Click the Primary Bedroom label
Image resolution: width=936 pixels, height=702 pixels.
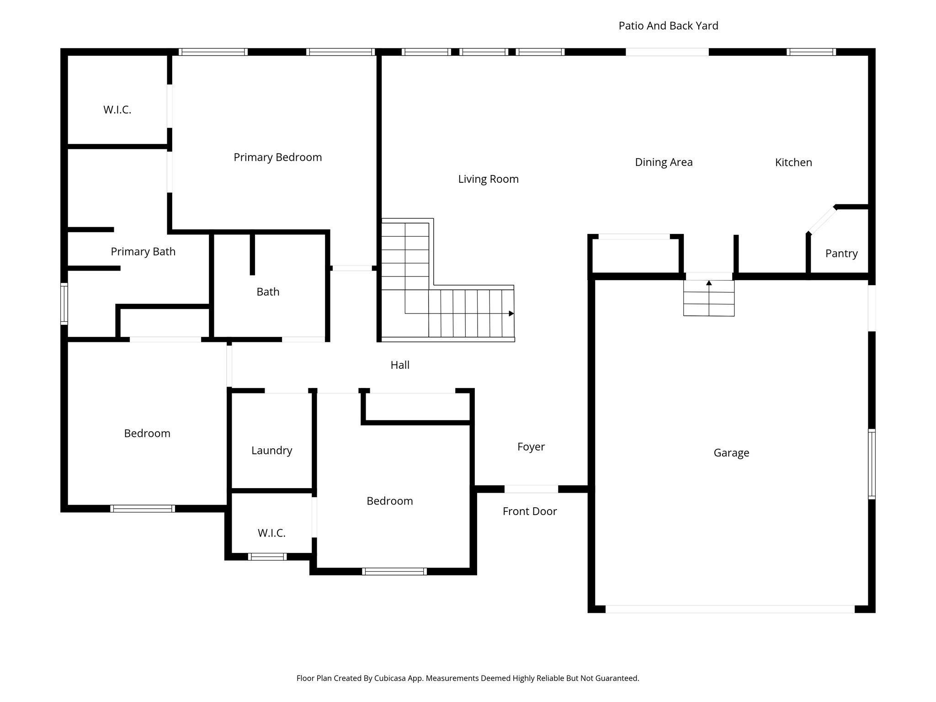(x=278, y=157)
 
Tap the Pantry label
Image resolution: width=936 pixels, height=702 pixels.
(x=841, y=253)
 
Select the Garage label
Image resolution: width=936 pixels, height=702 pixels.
(x=731, y=452)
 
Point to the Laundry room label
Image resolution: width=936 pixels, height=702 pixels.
(x=271, y=450)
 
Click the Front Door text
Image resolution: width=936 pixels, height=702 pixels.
(x=530, y=511)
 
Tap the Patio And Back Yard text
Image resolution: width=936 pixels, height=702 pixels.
(x=668, y=26)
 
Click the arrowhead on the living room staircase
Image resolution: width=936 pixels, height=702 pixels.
(x=511, y=314)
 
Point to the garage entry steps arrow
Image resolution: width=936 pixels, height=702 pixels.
(x=709, y=283)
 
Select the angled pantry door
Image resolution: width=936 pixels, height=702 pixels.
(x=822, y=220)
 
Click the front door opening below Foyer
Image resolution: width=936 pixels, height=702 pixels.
(x=531, y=489)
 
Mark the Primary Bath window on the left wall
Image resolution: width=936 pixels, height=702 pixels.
(x=64, y=304)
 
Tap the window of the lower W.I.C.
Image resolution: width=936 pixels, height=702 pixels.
(x=267, y=557)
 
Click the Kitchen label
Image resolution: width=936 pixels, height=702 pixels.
(x=793, y=162)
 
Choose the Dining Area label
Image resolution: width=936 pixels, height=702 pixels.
(x=664, y=162)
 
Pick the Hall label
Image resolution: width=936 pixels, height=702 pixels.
(x=400, y=365)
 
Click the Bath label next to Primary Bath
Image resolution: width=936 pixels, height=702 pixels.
(x=268, y=292)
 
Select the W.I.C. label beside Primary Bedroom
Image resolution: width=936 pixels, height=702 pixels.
(x=117, y=110)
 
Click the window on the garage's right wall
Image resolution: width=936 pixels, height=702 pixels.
(x=872, y=464)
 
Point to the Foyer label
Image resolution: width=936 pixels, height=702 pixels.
(x=531, y=447)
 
